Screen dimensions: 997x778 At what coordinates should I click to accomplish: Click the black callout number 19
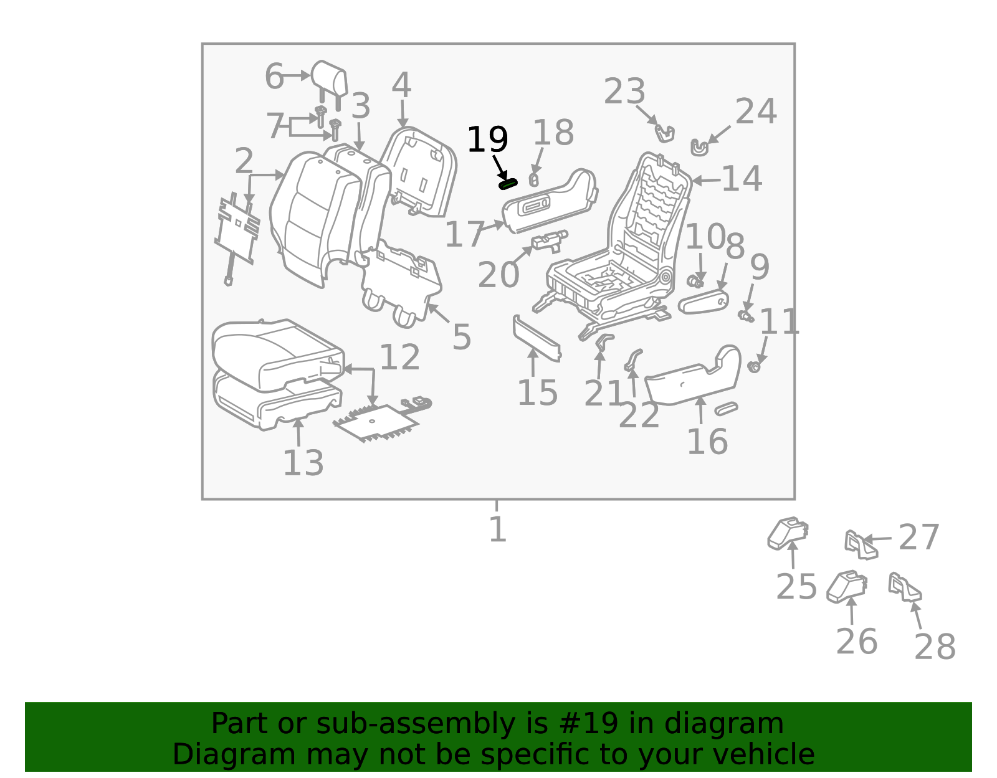[x=487, y=140]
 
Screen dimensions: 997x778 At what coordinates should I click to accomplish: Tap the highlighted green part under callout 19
[x=508, y=184]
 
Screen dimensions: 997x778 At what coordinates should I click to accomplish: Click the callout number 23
[x=624, y=91]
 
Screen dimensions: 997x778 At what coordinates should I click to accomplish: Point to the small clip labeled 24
[x=699, y=148]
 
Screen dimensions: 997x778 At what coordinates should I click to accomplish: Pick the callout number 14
[x=742, y=179]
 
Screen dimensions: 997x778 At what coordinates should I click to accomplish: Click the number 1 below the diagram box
[x=497, y=529]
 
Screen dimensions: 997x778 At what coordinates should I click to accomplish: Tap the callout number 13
[x=303, y=463]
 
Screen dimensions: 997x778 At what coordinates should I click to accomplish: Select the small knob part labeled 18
[x=533, y=180]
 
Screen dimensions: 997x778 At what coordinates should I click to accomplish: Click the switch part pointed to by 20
[x=549, y=240]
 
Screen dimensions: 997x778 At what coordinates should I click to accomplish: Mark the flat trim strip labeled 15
[x=537, y=338]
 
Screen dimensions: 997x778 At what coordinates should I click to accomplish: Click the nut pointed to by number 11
[x=754, y=366]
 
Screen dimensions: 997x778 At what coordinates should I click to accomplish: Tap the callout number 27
[x=919, y=538]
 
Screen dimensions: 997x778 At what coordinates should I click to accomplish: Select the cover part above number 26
[x=847, y=586]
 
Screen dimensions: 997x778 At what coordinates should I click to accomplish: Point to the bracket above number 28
[x=905, y=587]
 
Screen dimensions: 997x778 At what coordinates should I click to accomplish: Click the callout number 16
[x=707, y=442]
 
